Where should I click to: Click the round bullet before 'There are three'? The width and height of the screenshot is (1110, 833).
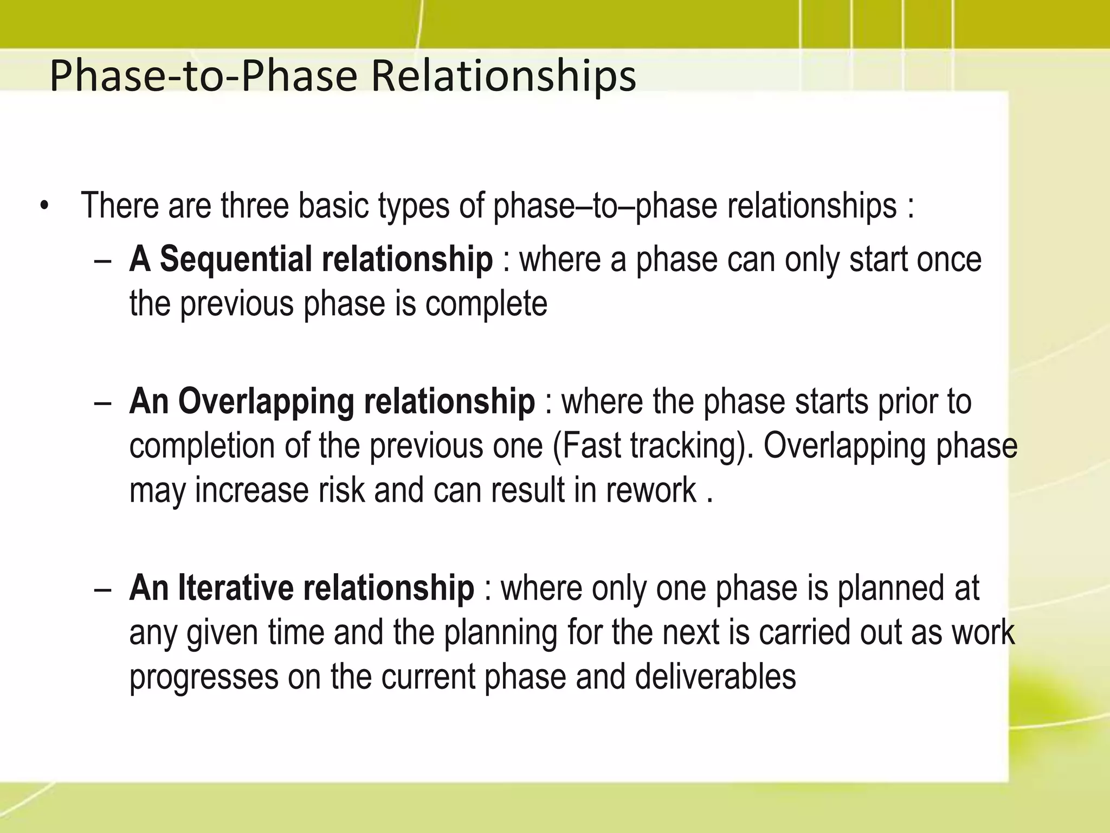(x=44, y=208)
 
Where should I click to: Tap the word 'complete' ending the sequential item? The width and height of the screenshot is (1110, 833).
(x=486, y=304)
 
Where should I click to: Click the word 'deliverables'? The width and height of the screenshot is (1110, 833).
(x=715, y=677)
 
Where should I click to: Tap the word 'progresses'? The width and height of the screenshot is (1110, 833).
(x=203, y=678)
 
